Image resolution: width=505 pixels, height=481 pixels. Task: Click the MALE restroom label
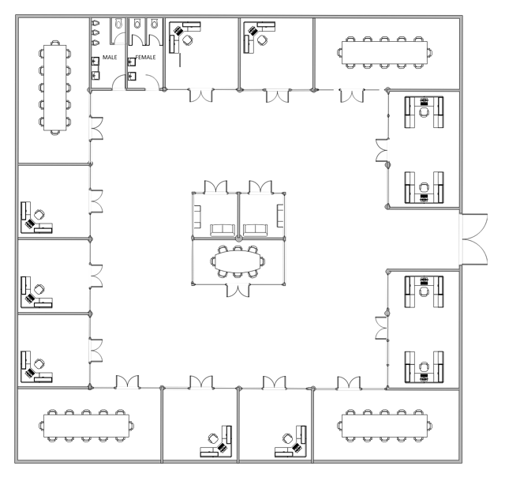coord(110,58)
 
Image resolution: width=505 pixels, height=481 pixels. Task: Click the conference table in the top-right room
coord(386,51)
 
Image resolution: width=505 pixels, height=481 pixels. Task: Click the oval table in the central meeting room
coord(238,259)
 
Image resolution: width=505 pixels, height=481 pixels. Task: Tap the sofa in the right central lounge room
coord(255,230)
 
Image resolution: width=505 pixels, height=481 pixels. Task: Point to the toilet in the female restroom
coord(155,25)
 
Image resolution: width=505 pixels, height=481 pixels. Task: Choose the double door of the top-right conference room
coord(351,96)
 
